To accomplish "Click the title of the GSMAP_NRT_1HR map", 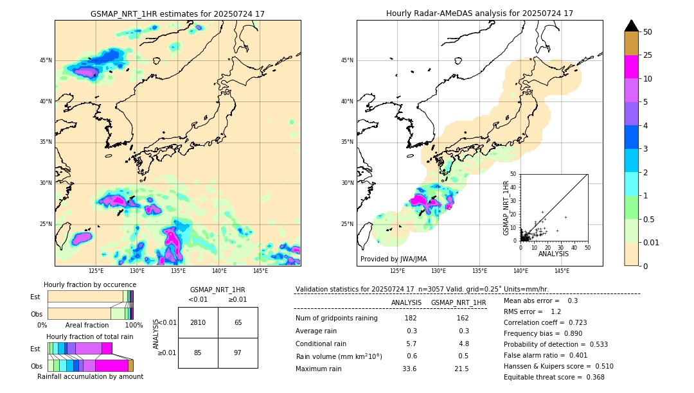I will coord(177,13).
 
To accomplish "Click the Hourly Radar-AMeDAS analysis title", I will coord(479,13).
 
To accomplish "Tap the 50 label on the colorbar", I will coord(648,32).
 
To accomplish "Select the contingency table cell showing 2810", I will coord(198,322).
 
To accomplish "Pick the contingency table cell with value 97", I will coord(238,353).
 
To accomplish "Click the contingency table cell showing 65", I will coord(238,322).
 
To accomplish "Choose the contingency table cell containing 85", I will coord(198,353).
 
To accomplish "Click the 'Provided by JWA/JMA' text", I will coord(393,259).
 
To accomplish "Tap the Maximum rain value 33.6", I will coord(409,369).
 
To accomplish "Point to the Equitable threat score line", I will coord(554,377).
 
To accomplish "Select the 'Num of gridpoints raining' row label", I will coord(336,319).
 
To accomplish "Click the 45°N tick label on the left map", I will coord(46,60).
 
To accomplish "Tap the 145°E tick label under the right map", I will coord(562,271).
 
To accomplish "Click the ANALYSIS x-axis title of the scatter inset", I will coord(553,254).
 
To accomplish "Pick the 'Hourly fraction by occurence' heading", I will coord(90,284).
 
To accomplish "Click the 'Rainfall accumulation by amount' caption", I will coord(90,377).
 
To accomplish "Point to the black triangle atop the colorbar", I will coord(632,26).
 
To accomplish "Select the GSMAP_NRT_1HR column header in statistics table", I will coord(458,302).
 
